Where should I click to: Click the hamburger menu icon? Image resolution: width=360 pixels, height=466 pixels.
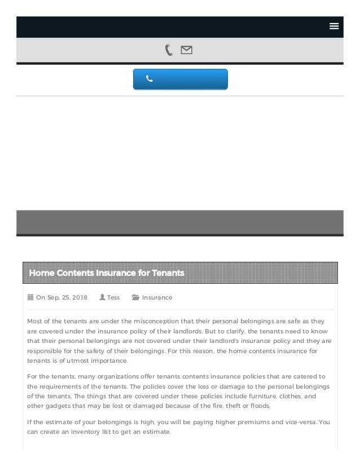pos(333,26)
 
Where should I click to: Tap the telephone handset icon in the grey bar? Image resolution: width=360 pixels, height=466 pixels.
pos(169,50)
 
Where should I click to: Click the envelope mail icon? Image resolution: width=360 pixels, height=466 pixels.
pos(186,50)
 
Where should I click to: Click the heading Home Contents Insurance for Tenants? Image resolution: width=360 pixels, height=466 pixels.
pos(107,273)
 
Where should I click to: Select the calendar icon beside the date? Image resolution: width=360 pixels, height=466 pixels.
pos(30,297)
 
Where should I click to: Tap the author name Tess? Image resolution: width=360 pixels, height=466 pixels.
pos(113,297)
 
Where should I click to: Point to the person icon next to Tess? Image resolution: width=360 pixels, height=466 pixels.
pos(102,297)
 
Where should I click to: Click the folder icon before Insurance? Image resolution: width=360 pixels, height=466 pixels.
pos(135,297)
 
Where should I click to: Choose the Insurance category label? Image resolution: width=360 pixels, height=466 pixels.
pos(157,297)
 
